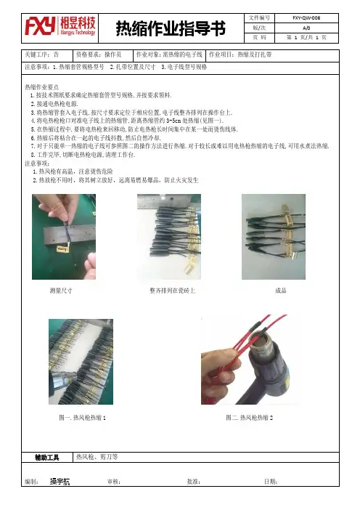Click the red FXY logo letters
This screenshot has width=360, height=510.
point(41,26)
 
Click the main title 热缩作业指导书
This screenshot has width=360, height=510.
point(171,28)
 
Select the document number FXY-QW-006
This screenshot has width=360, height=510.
point(306,18)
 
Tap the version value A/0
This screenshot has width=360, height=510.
point(306,28)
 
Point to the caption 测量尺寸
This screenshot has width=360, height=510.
point(61,291)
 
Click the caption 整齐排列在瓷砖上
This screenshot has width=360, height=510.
point(172,291)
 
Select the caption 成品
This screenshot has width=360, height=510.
point(281,291)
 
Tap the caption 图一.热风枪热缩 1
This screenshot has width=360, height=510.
point(82,418)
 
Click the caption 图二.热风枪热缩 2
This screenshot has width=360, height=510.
point(250,418)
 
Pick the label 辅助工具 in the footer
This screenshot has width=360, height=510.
point(47,458)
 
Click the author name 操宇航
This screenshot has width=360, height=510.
point(60,482)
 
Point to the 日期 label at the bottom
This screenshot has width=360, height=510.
point(270,482)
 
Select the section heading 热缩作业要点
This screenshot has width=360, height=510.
point(42,87)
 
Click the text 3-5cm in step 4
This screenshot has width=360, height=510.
point(173,121)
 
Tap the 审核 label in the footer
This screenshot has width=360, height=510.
point(114,482)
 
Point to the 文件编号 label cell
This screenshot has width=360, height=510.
point(259,18)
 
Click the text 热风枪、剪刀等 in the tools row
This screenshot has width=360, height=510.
point(97,457)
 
